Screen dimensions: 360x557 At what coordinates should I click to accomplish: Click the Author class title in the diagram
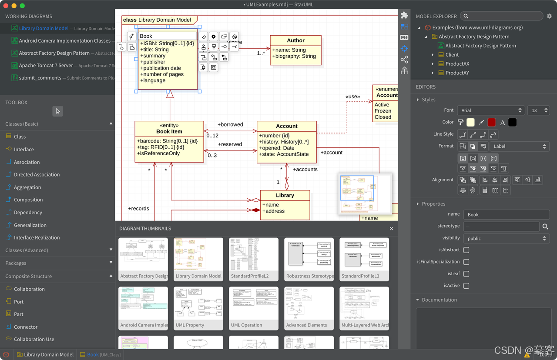pyautogui.click(x=295, y=40)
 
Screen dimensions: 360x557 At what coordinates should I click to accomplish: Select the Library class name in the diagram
pyautogui.click(x=285, y=195)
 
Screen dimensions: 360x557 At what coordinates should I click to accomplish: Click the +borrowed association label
pyautogui.click(x=230, y=124)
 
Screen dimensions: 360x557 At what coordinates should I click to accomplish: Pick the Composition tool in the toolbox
pyautogui.click(x=28, y=200)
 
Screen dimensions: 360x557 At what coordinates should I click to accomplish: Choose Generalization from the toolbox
pyautogui.click(x=30, y=225)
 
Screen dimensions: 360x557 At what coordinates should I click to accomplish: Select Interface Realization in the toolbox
pyautogui.click(x=37, y=238)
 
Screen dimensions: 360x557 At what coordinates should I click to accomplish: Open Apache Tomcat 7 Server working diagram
pyautogui.click(x=46, y=66)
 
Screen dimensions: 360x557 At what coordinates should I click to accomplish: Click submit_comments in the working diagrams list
pyautogui.click(x=40, y=78)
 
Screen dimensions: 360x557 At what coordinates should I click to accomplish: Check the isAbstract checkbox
pyautogui.click(x=466, y=250)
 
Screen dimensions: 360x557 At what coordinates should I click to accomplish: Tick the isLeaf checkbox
pyautogui.click(x=466, y=274)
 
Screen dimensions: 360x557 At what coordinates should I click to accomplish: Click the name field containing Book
pyautogui.click(x=506, y=214)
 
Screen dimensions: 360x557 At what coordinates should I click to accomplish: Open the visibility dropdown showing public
pyautogui.click(x=506, y=238)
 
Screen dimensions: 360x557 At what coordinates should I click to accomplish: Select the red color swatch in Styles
pyautogui.click(x=491, y=123)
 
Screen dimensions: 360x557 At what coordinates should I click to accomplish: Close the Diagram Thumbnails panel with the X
pyautogui.click(x=391, y=229)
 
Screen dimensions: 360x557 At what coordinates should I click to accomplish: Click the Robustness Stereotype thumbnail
pyautogui.click(x=309, y=259)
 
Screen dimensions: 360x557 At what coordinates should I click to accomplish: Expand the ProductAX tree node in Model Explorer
pyautogui.click(x=433, y=64)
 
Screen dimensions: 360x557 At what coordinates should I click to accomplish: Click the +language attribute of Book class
pyautogui.click(x=153, y=80)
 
